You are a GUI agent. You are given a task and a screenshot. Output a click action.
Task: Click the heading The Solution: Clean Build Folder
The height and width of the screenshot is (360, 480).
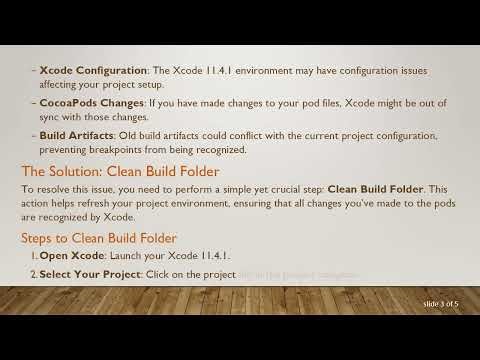tap(120, 171)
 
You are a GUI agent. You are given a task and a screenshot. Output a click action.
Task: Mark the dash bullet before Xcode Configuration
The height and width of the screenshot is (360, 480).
tap(33, 73)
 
